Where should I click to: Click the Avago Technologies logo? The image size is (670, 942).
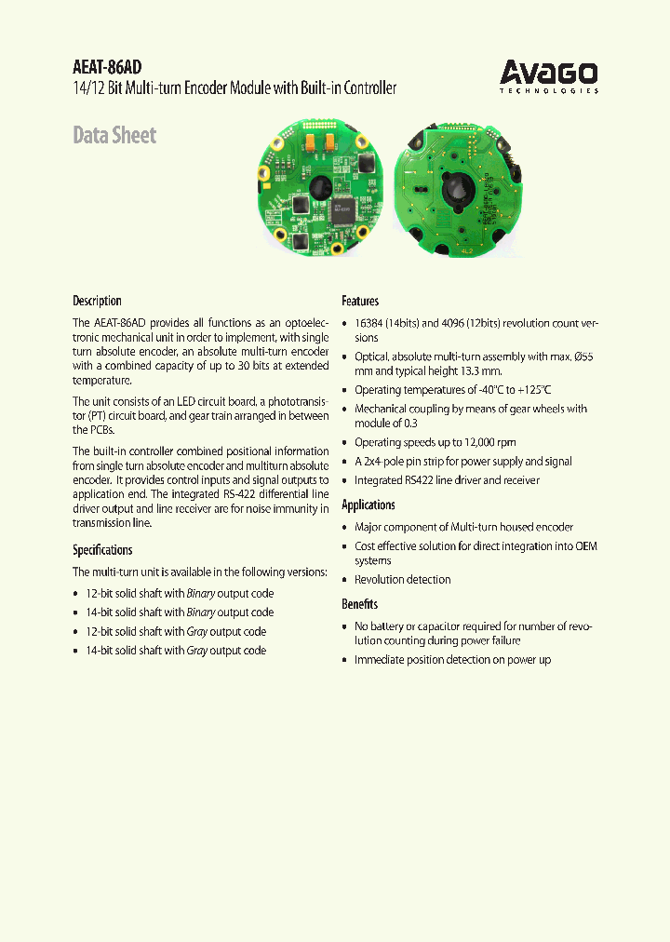pyautogui.click(x=548, y=74)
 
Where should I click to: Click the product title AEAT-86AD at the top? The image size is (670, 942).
pyautogui.click(x=108, y=67)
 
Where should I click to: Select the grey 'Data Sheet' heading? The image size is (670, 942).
pyautogui.click(x=114, y=135)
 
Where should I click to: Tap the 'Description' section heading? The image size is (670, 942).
pyautogui.click(x=97, y=301)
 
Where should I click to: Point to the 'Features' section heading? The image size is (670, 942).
pyautogui.click(x=360, y=301)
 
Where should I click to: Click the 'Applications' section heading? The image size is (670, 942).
pyautogui.click(x=368, y=505)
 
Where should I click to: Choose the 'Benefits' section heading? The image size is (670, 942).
pyautogui.click(x=359, y=604)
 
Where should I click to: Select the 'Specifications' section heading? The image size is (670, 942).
pyautogui.click(x=102, y=549)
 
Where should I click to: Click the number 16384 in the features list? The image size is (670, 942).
pyautogui.click(x=370, y=323)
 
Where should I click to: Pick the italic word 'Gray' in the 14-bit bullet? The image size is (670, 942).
pyautogui.click(x=196, y=650)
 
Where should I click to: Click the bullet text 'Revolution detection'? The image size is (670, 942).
pyautogui.click(x=402, y=579)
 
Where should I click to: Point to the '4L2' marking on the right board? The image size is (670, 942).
pyautogui.click(x=465, y=251)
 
